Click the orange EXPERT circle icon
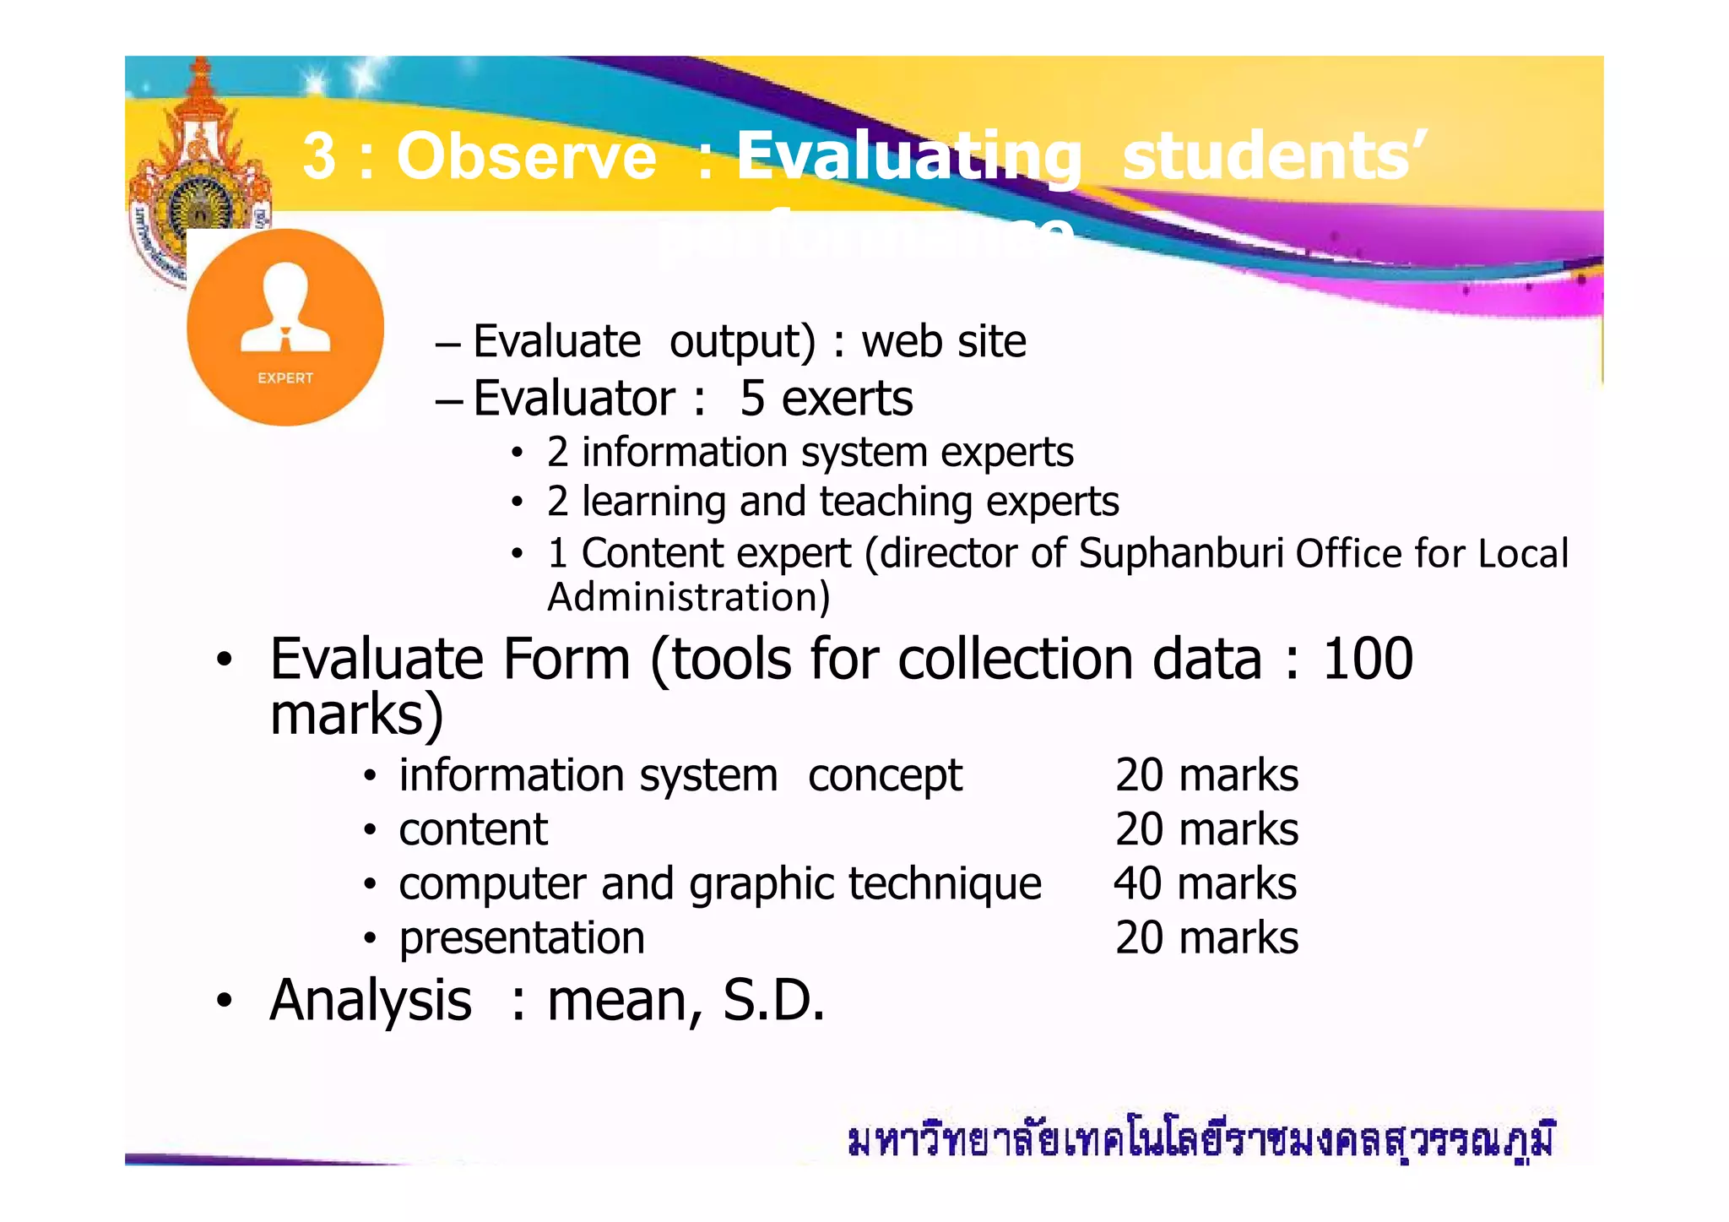pos(285,328)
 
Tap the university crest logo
pos(198,169)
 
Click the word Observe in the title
pos(526,157)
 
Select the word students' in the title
pos(1273,156)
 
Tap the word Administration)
pos(689,598)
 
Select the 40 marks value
pos(1205,884)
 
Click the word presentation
pos(522,938)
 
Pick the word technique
pos(945,884)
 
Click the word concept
pos(885,776)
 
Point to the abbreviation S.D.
pos(772,1001)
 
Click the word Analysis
pos(371,1001)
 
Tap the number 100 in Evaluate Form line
pos(1367,660)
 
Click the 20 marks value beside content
pos(1206,830)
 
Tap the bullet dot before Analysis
pos(223,1002)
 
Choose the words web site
pos(943,342)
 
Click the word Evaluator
pos(574,399)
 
